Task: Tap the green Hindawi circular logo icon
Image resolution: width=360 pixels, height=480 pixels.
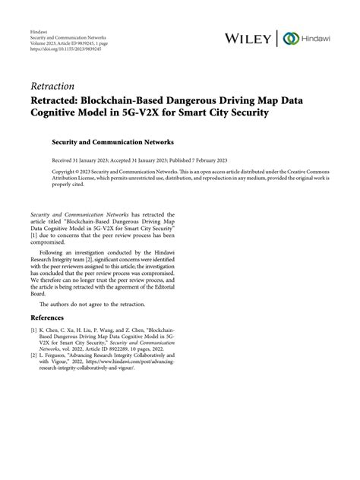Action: [289, 39]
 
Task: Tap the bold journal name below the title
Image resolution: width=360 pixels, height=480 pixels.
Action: [112, 141]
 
